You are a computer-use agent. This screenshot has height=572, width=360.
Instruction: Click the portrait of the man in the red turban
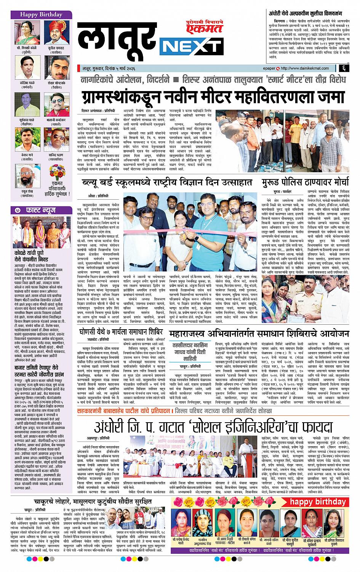pyautogui.click(x=58, y=32)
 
